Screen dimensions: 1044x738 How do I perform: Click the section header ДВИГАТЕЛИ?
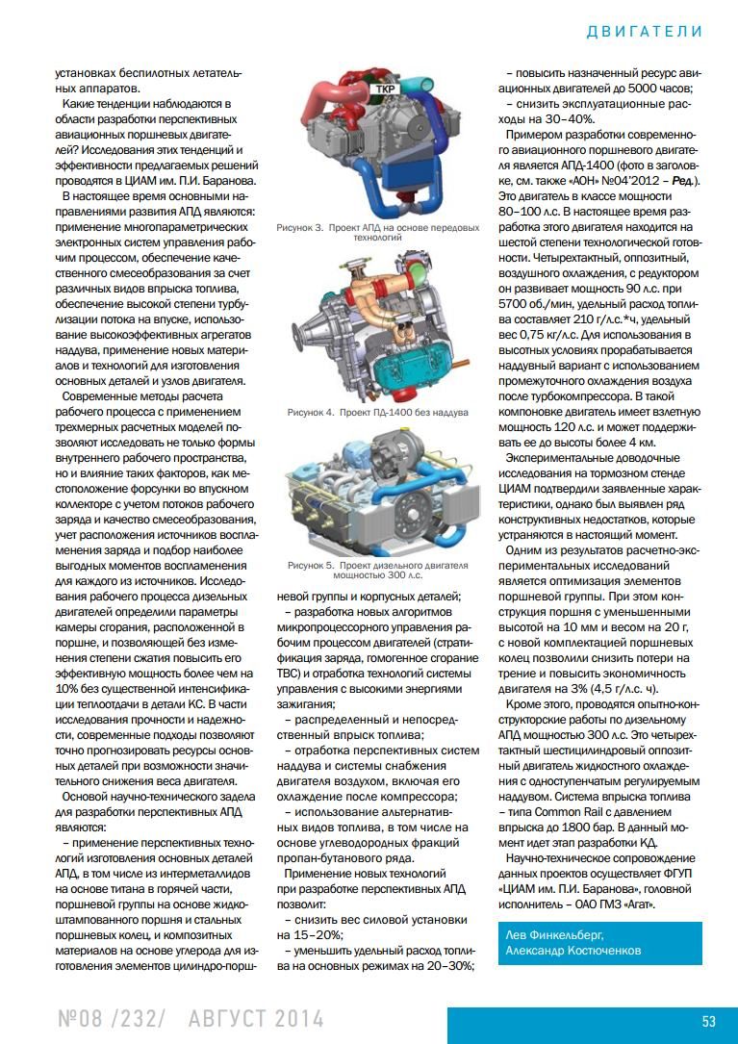click(644, 31)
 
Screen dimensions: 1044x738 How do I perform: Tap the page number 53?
click(708, 1021)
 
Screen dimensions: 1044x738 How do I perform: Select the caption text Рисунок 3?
click(300, 228)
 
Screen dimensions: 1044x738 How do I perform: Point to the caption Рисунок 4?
click(311, 412)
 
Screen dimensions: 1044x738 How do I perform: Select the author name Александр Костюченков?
click(574, 951)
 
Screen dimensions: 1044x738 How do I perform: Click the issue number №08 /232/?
click(112, 1019)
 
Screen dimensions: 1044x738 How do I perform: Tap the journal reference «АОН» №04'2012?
click(630, 180)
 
